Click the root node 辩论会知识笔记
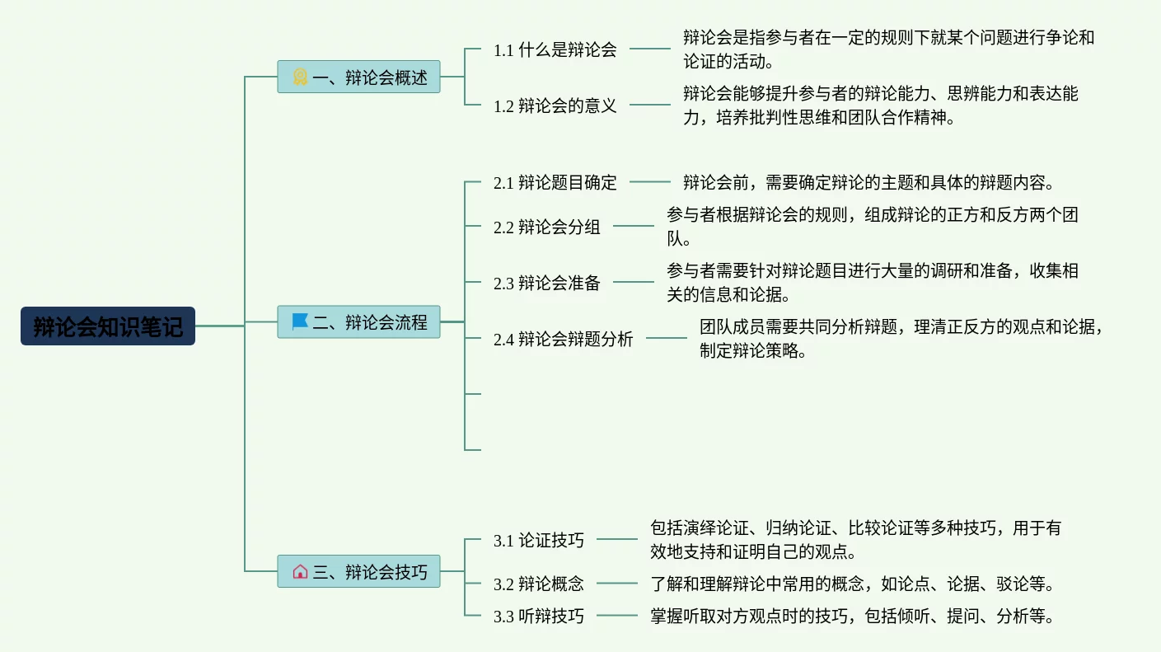point(108,326)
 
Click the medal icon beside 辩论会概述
point(300,77)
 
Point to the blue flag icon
point(300,321)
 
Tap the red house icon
point(300,571)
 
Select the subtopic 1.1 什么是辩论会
point(555,49)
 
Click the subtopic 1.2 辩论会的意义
point(555,106)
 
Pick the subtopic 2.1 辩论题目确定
point(555,183)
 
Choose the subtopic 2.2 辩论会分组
point(546,227)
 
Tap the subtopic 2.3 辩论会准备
point(546,283)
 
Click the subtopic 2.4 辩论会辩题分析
point(563,339)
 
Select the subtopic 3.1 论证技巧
point(538,541)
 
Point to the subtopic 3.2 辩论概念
point(538,584)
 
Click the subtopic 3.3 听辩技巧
point(538,617)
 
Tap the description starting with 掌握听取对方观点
point(852,616)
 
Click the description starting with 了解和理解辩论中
point(852,584)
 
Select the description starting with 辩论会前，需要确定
point(868,182)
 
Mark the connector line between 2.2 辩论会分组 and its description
point(633,226)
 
